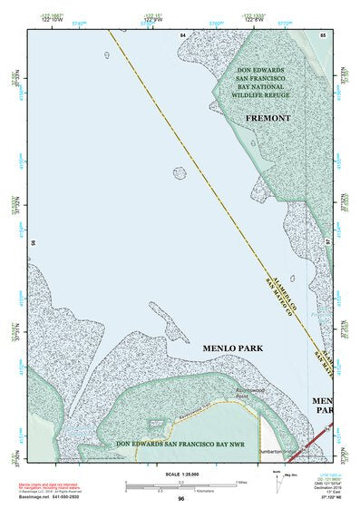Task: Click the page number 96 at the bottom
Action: pos(181,499)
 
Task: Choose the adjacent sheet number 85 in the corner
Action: pos(322,34)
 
